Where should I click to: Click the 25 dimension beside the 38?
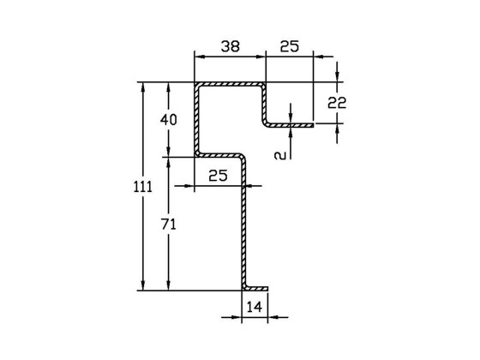click(x=289, y=48)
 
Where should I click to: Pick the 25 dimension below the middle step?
click(x=218, y=176)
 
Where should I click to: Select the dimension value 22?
click(x=337, y=103)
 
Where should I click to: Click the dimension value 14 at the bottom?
click(x=254, y=307)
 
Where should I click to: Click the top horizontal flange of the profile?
click(x=230, y=85)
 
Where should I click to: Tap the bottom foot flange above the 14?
click(x=256, y=289)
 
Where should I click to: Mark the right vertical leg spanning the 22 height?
click(x=264, y=104)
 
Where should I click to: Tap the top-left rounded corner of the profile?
click(x=197, y=86)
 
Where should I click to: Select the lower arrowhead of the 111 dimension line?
click(x=142, y=285)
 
